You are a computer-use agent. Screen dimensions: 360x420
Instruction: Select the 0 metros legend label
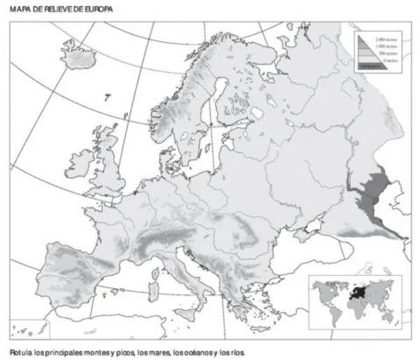386,60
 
